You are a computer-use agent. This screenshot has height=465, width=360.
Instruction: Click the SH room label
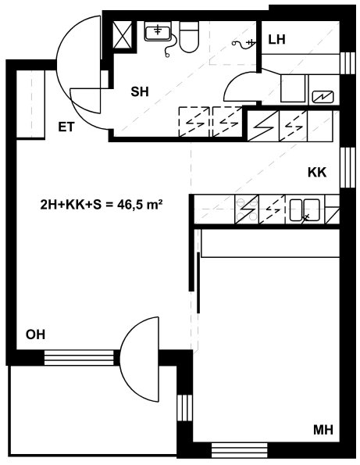(140, 92)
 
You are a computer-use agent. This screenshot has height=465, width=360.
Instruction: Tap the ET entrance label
(66, 127)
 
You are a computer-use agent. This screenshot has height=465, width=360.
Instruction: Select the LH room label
(276, 39)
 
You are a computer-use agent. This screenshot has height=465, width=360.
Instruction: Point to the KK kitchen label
(317, 172)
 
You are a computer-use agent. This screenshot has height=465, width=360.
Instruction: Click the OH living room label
(36, 334)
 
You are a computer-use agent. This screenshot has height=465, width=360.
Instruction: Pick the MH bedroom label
(323, 430)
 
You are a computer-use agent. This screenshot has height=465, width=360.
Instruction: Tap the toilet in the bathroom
(189, 37)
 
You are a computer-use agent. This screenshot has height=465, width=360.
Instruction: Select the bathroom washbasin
(158, 31)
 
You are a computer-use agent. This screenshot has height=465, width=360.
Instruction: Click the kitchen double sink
(305, 210)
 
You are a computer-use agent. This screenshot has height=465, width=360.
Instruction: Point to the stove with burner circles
(247, 209)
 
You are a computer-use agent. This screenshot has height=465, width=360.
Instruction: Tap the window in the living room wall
(79, 358)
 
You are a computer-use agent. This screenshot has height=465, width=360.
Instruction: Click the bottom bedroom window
(240, 451)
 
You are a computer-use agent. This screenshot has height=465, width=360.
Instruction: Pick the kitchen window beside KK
(348, 167)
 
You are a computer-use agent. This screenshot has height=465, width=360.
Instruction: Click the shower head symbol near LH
(244, 44)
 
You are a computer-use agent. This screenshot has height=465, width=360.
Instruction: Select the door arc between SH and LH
(240, 86)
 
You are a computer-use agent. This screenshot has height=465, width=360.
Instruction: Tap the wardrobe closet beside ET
(30, 105)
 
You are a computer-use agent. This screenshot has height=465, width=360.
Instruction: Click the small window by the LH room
(348, 63)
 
